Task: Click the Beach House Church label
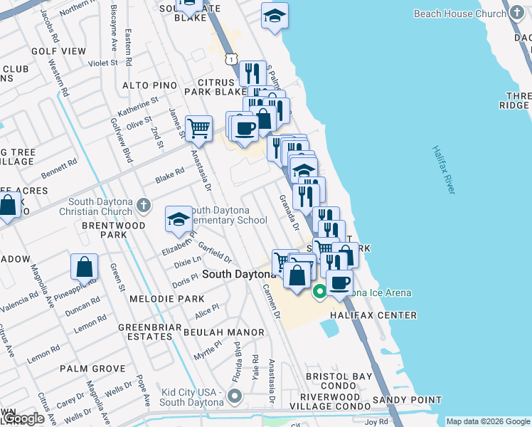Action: point(460,14)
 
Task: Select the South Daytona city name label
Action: point(239,274)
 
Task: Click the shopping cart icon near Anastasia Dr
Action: point(198,129)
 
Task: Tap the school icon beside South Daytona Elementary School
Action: point(178,218)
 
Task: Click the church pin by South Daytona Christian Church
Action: point(144,205)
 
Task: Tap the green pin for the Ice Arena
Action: point(320,290)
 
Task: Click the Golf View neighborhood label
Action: point(58,51)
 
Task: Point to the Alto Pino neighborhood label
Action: point(149,85)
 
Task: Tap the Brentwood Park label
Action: point(104,229)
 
